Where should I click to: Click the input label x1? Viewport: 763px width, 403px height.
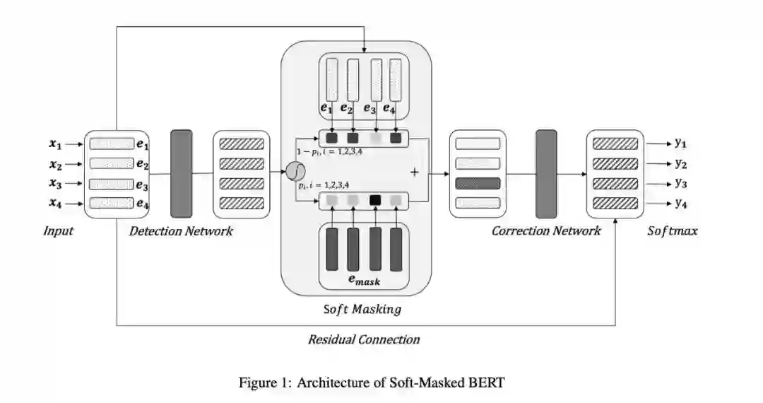pos(54,144)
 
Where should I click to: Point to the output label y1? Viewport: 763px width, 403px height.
pos(680,143)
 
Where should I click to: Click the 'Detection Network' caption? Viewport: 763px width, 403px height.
pos(181,231)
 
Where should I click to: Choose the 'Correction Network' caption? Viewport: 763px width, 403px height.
pos(546,230)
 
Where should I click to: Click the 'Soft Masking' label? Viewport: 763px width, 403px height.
pos(362,309)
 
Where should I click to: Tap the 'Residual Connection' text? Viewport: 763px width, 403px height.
pos(364,339)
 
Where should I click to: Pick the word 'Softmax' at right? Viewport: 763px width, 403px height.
pos(673,231)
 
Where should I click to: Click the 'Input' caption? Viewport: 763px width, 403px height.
pos(59,231)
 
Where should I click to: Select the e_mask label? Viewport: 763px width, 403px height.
pos(365,281)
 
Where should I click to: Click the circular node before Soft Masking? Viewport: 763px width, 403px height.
pos(294,170)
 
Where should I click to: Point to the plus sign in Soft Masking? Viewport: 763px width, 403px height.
pos(415,172)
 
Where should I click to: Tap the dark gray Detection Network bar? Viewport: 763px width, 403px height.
pos(182,173)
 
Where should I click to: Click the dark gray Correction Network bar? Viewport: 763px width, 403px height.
pos(546,173)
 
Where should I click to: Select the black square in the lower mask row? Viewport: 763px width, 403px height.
pos(375,201)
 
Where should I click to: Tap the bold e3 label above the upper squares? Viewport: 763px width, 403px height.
pos(369,109)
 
